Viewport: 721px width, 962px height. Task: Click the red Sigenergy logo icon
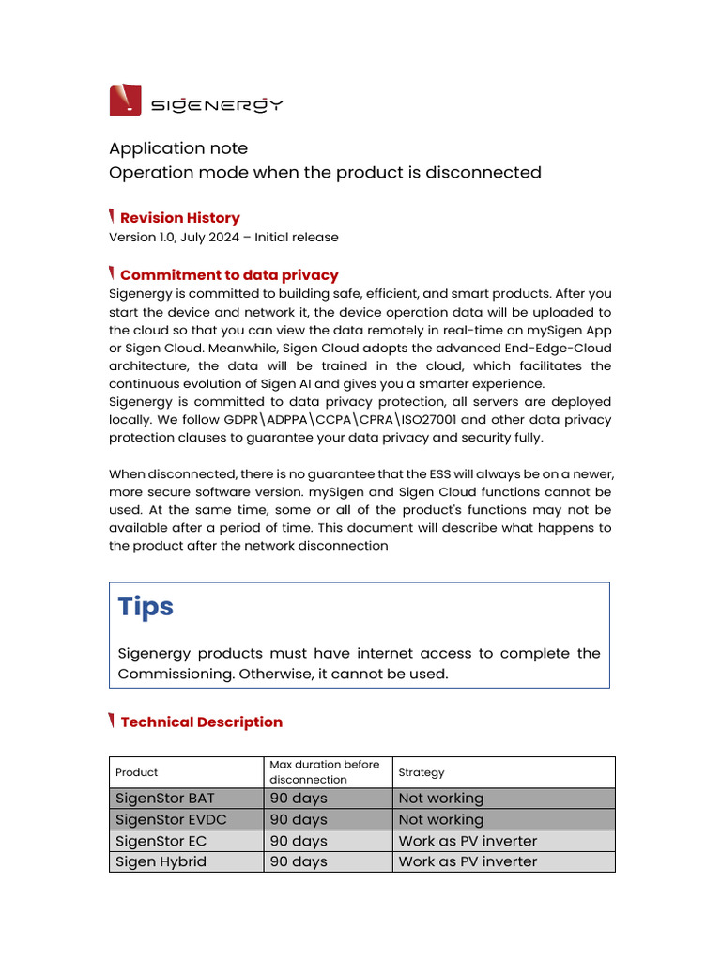pos(126,100)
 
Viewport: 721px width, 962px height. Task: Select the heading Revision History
pos(179,218)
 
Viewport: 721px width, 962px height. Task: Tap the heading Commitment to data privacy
pos(229,275)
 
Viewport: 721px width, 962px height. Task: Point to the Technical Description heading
pos(201,722)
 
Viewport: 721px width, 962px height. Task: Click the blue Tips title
pos(146,607)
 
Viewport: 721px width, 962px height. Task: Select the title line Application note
pos(178,148)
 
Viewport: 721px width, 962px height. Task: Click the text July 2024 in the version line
pos(205,238)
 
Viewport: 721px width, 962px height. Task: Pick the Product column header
pos(136,772)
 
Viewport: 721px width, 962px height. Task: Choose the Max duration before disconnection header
pos(325,772)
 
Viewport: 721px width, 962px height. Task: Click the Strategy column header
pos(422,772)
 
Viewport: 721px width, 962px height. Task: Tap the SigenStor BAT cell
pos(164,799)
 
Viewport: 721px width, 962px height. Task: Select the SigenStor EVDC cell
pos(170,819)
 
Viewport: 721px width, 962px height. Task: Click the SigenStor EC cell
pos(161,841)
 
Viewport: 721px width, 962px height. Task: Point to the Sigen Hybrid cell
pos(161,861)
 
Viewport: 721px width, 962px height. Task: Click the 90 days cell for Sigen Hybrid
pos(299,861)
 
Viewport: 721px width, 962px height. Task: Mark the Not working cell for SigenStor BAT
pos(441,799)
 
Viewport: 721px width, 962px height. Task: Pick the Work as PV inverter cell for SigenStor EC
pos(468,841)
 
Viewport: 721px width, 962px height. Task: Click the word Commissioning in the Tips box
pos(178,675)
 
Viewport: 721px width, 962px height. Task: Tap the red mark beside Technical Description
pos(113,721)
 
